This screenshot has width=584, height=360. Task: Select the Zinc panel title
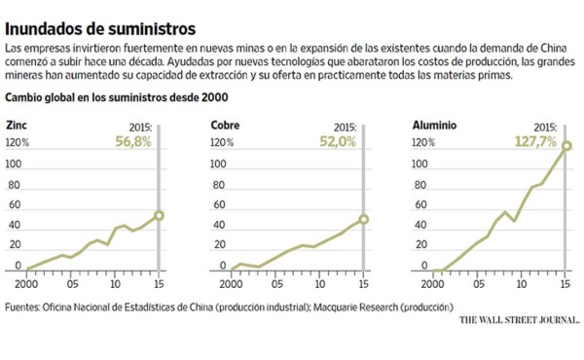coord(17,126)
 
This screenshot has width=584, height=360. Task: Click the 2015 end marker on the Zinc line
coord(159,215)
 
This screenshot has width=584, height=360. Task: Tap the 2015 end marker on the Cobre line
coord(364,220)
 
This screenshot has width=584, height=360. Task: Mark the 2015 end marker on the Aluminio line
coord(566,147)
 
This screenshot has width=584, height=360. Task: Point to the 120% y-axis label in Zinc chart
coord(17,143)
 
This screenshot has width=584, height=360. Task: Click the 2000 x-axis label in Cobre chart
coord(231,283)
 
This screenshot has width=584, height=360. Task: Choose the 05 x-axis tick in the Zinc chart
coord(71,283)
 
